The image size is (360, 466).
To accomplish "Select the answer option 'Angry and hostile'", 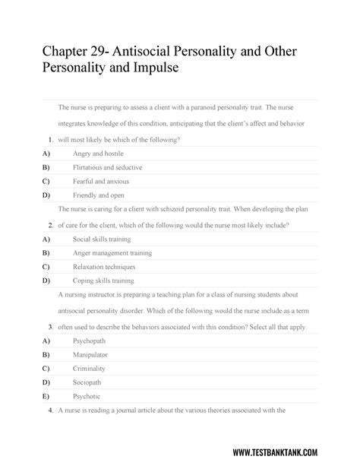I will [x=101, y=154].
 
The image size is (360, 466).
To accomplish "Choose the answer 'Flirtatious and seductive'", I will [x=107, y=167].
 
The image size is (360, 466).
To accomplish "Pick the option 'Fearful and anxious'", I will [x=101, y=181].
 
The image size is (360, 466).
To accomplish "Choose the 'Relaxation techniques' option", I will [x=104, y=267].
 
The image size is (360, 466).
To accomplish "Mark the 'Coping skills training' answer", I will [x=103, y=281].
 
